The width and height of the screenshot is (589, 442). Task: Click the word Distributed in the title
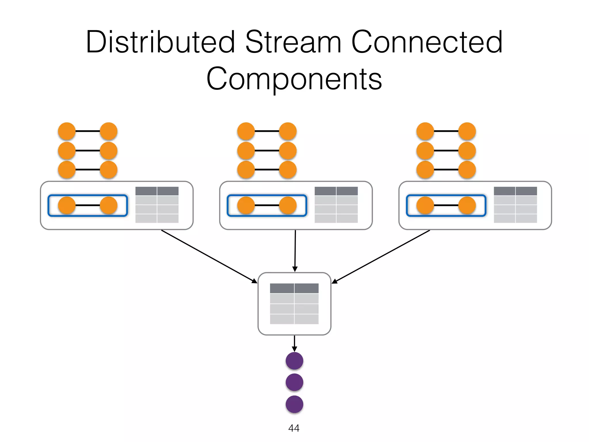coord(160,43)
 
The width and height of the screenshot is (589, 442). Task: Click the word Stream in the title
coord(293,43)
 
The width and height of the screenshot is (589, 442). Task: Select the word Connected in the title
coord(427,43)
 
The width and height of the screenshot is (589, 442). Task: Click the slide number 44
coord(294,428)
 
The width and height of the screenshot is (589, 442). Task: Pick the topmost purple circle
coord(294,361)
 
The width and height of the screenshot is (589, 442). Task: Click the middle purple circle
coord(294,382)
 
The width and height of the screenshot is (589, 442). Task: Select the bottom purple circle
coord(294,404)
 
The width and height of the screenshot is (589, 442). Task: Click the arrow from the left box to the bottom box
coord(209,256)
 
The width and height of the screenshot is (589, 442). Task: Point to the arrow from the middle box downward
coord(295,250)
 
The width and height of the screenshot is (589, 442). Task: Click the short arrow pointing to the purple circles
coord(294,343)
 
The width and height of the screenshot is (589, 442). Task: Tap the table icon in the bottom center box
coord(294,304)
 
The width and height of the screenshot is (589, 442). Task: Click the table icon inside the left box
coord(157,205)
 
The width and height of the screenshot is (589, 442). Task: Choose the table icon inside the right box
coord(515,205)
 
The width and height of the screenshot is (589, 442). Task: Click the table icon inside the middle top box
coord(336,205)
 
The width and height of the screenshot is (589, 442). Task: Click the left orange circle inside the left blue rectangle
coord(67,205)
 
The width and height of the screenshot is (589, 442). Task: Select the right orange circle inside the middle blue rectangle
coord(288,205)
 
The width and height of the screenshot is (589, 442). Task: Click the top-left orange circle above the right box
coord(425,131)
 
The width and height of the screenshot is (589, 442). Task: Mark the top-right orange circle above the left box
coord(108,131)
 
